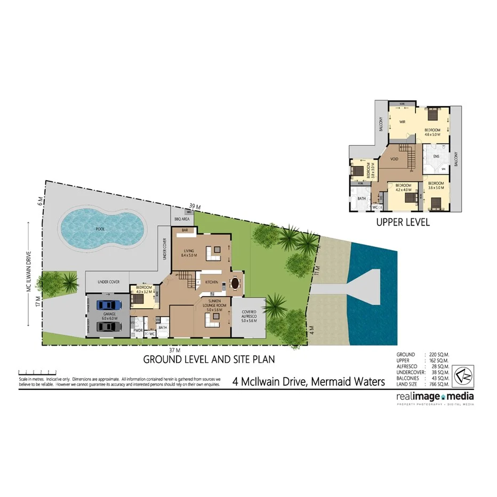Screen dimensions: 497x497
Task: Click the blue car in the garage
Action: click(109, 305)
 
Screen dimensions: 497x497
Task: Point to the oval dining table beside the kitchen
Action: click(235, 283)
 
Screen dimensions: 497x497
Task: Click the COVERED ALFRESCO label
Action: click(249, 316)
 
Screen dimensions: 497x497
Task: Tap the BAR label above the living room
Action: click(185, 230)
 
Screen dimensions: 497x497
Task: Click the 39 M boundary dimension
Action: click(194, 206)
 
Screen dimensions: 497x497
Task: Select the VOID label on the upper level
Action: click(395, 158)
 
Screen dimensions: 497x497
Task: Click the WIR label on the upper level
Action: click(403, 121)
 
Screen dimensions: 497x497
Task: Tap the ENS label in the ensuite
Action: click(436, 156)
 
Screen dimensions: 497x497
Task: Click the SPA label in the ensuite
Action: click(443, 169)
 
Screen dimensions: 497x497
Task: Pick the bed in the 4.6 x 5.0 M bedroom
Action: click(431, 113)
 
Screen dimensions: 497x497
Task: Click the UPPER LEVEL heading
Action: click(403, 222)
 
